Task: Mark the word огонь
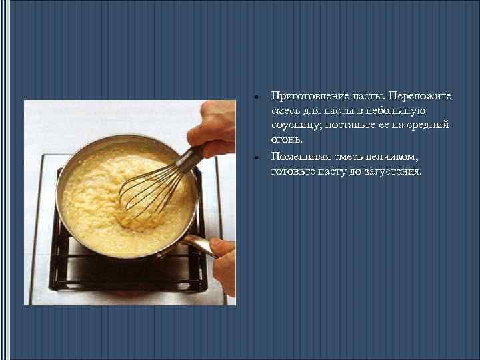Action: click(x=287, y=139)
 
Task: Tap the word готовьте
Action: click(x=293, y=172)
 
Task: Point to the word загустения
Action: click(x=393, y=172)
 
